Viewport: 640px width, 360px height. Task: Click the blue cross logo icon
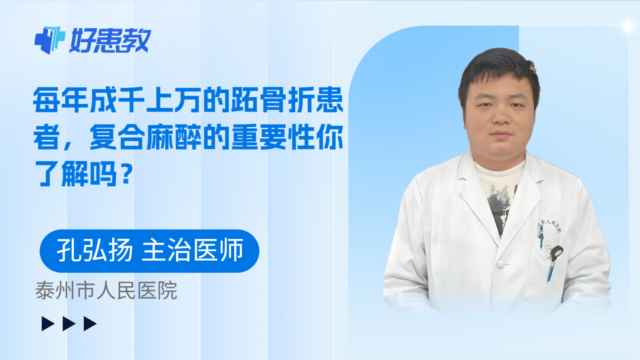[x=50, y=40]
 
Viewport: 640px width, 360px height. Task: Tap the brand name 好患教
[x=110, y=41]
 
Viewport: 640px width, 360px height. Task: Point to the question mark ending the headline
[x=126, y=174]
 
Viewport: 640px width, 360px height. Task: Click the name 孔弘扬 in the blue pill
[x=94, y=250]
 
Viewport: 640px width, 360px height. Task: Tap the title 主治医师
[x=193, y=250]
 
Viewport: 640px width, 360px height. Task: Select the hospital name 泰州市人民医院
[x=106, y=290]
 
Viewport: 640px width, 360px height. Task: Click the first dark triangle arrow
[x=48, y=324]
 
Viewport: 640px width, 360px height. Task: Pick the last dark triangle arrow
[x=90, y=324]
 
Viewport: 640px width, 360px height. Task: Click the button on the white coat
[x=500, y=264]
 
